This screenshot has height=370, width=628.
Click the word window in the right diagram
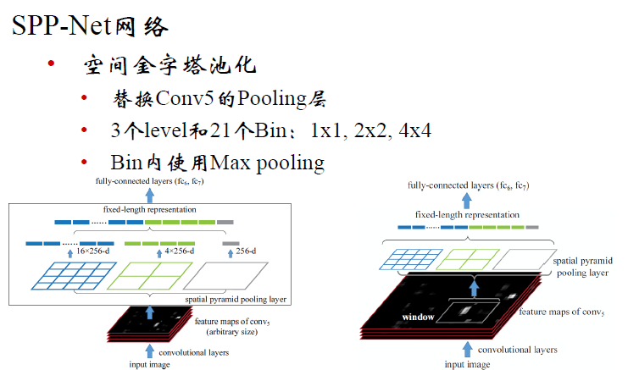point(418,317)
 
